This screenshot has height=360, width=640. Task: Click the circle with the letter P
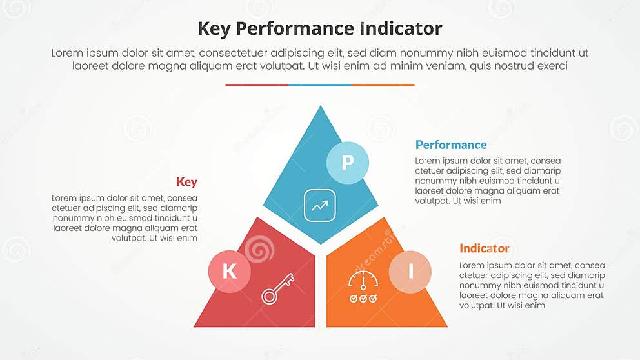click(347, 162)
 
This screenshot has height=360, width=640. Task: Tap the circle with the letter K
click(229, 271)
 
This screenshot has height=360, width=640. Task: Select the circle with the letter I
click(410, 271)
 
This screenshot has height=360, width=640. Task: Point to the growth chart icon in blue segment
click(320, 206)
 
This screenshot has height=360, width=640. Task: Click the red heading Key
click(186, 182)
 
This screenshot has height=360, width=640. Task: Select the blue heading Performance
click(451, 145)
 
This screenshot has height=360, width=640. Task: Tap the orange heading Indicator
click(484, 248)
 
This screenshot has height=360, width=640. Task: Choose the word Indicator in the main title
click(399, 29)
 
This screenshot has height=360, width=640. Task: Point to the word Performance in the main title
click(294, 29)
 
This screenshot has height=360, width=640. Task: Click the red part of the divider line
click(257, 85)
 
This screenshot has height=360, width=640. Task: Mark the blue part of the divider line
click(319, 85)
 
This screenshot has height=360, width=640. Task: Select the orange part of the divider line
click(383, 85)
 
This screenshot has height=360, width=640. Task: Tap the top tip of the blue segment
click(321, 108)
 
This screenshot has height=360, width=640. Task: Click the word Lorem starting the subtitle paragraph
click(66, 54)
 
